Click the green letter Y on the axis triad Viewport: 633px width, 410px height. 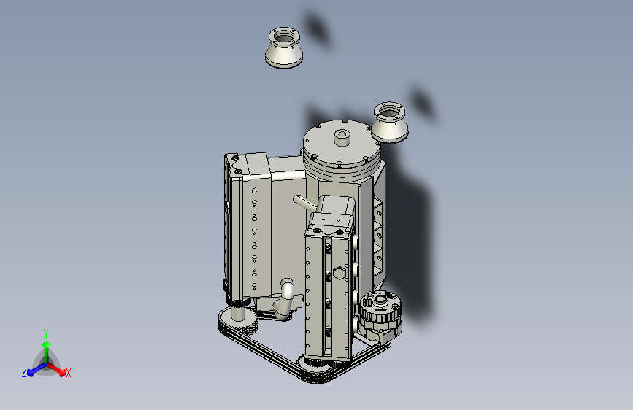tap(45, 332)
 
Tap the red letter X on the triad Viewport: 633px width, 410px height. tap(69, 373)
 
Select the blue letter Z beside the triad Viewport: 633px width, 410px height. tap(24, 372)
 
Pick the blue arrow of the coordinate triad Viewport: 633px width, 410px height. tap(33, 369)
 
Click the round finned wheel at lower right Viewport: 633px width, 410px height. tap(380, 312)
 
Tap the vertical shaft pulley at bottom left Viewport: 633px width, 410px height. tap(238, 314)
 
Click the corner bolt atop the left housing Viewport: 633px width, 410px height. tap(236, 158)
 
